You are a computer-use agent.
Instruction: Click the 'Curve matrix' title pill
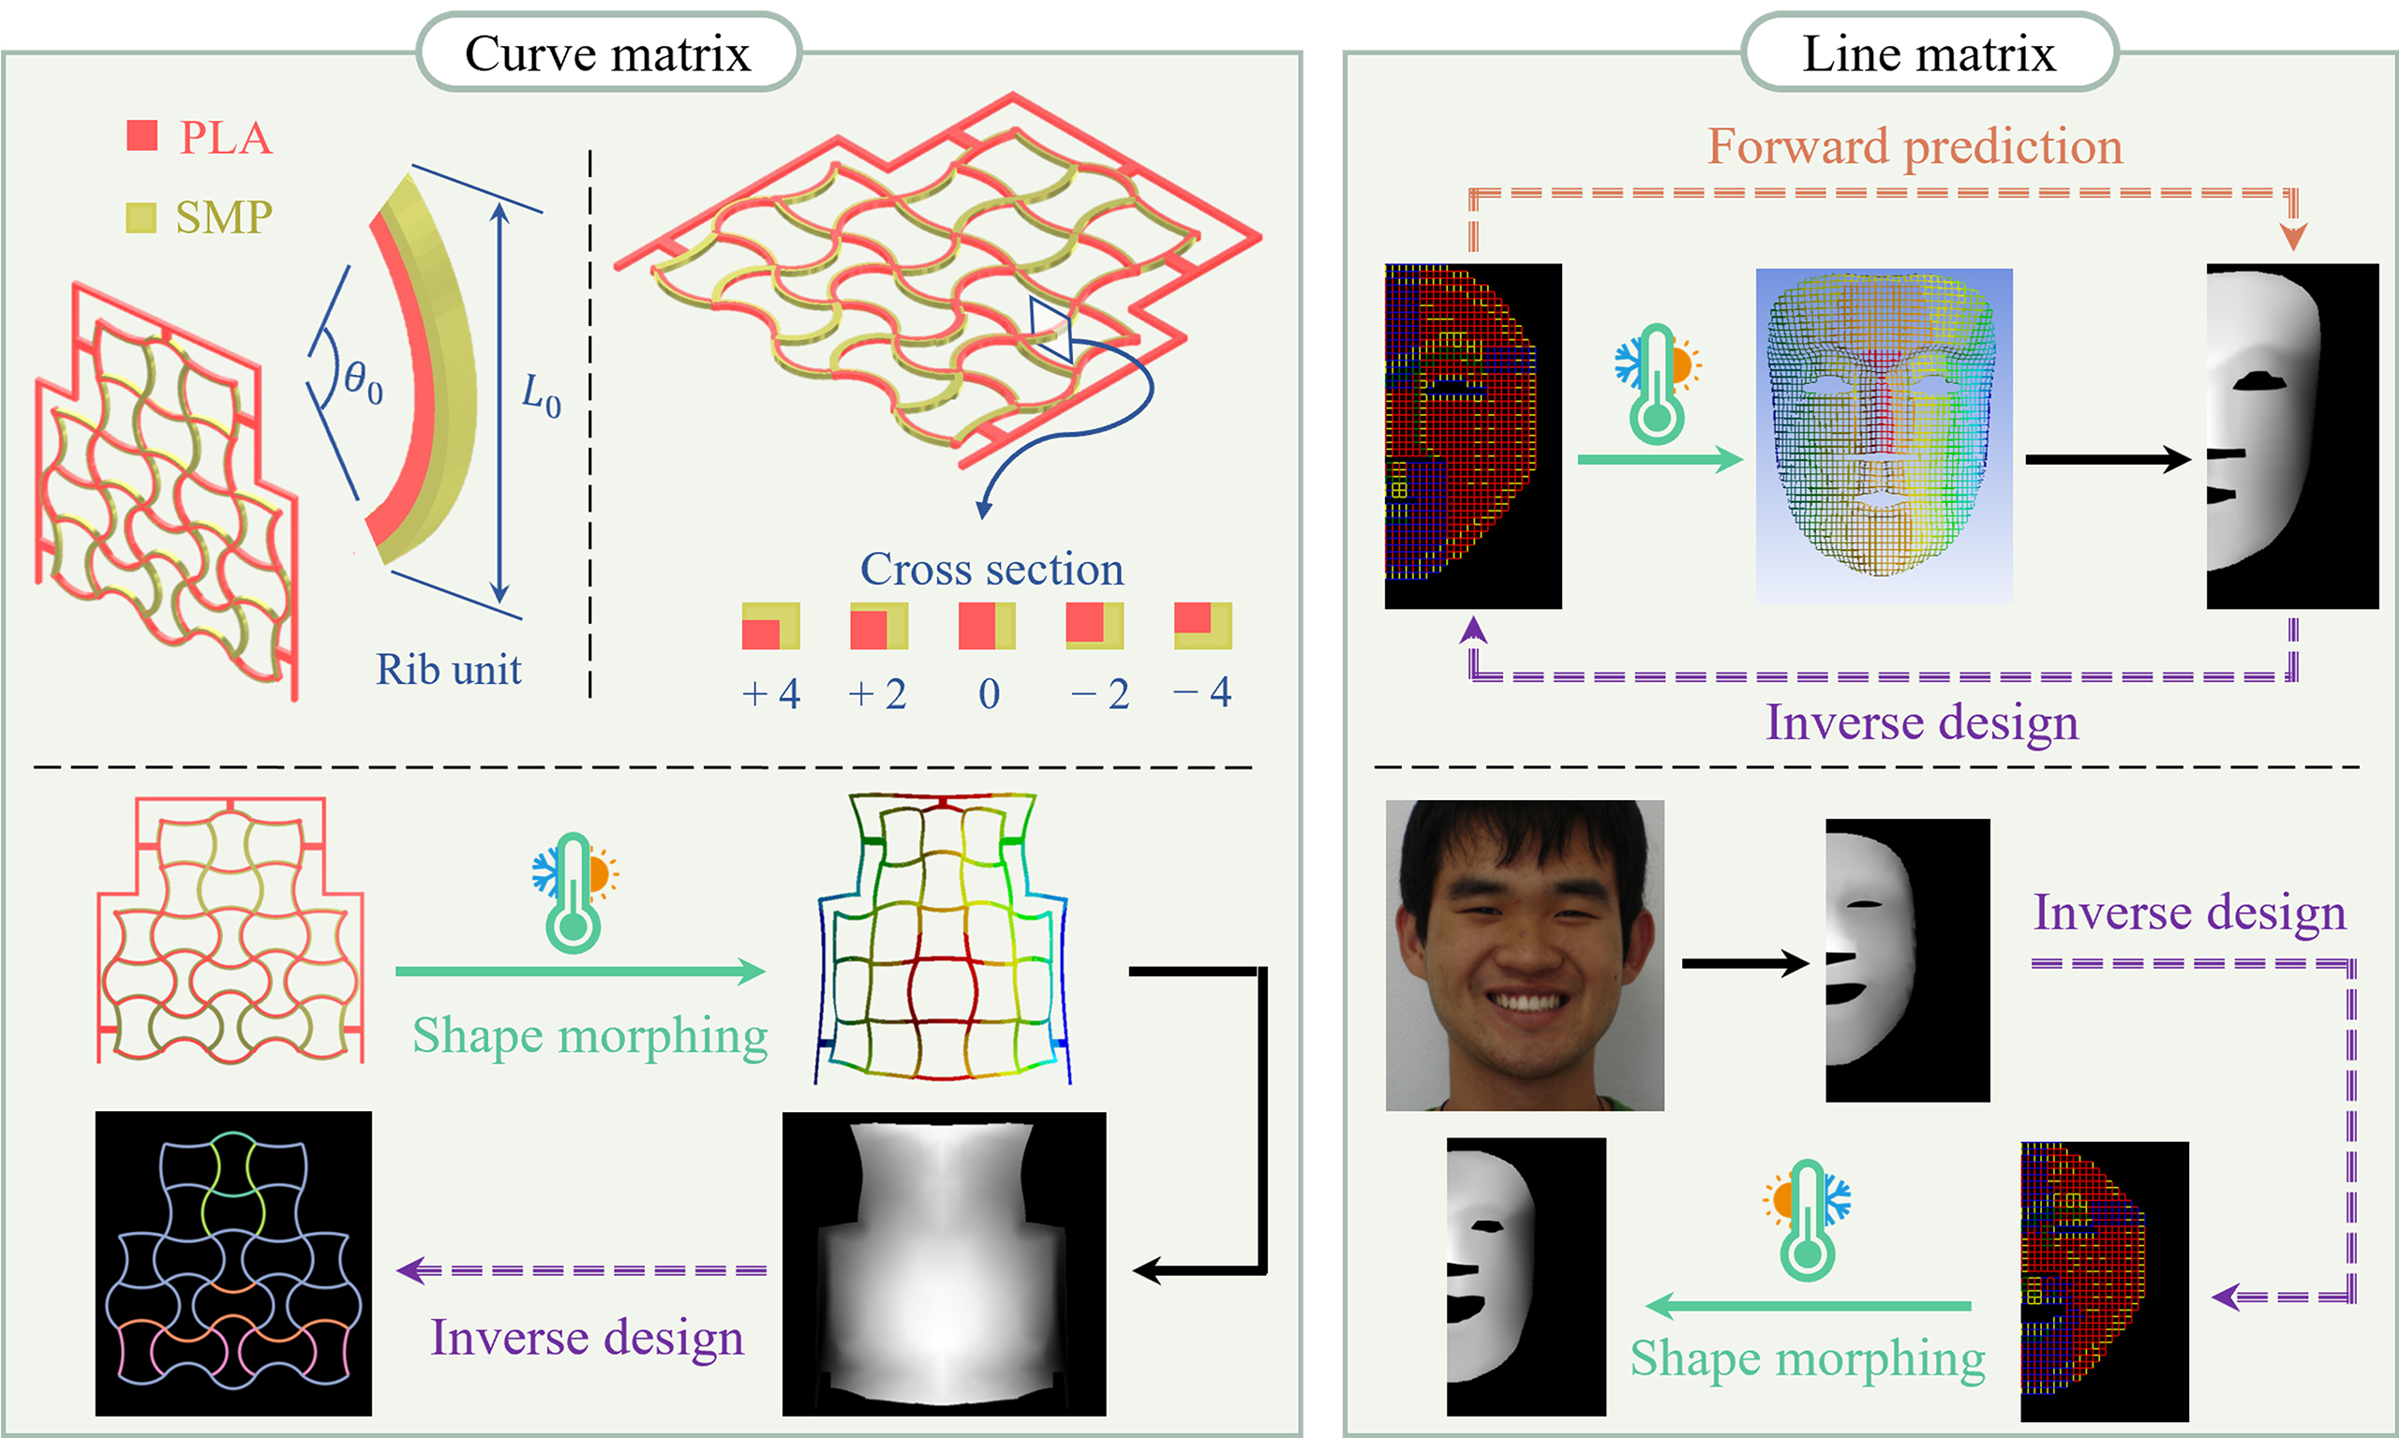coord(608,52)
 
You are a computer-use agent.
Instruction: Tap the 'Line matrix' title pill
coord(1929,52)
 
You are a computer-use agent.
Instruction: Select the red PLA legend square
coord(142,135)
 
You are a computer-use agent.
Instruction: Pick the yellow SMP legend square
coord(141,217)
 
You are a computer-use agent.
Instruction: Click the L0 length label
coord(541,394)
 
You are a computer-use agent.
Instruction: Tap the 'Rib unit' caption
coord(448,669)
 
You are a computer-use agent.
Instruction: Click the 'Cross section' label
coord(992,570)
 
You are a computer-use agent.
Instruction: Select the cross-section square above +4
coord(771,626)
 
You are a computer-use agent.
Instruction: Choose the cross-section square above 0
coord(987,626)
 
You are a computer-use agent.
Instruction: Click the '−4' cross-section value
coord(1202,692)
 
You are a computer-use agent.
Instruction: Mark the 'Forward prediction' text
coord(1915,146)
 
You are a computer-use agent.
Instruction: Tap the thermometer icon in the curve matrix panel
coord(574,891)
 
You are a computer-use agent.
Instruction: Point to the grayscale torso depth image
coord(944,1263)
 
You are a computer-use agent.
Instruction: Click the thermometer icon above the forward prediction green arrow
coord(1657,384)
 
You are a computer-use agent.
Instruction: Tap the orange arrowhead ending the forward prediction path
coord(2292,237)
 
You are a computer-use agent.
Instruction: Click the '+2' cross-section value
coord(877,694)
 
